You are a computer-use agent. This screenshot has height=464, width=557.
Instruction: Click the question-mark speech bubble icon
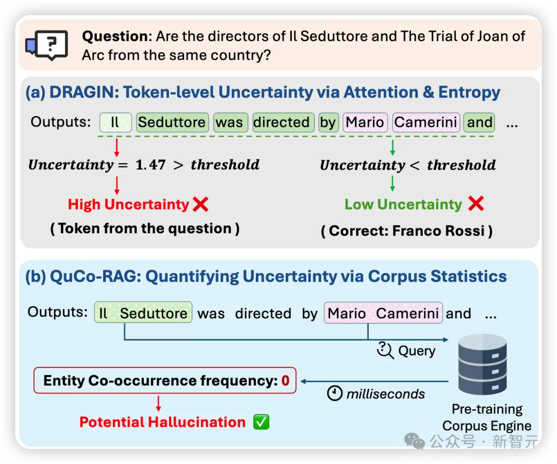coord(47,45)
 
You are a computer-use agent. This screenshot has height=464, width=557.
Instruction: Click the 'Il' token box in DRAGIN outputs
coord(116,123)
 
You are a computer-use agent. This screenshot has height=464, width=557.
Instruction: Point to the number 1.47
coord(151,165)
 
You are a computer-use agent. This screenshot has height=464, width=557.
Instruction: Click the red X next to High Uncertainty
coord(201,204)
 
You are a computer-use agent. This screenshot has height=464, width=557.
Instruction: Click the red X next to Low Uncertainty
coord(476,204)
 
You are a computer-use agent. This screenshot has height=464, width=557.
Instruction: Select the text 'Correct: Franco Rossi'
coord(407,231)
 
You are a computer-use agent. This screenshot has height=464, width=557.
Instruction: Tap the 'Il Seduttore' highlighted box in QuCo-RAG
coord(143,313)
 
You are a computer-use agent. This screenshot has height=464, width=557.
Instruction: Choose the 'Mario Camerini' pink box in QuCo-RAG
coord(383,313)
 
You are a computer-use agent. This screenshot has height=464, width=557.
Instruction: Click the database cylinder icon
coord(482,364)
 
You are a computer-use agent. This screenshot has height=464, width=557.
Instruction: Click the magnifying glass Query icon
coord(385,350)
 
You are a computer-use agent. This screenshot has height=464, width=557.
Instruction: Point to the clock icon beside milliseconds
coord(335,393)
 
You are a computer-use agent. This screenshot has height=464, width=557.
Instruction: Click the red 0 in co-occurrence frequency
coord(286,381)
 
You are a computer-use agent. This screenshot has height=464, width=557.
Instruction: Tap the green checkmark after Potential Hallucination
coord(261,422)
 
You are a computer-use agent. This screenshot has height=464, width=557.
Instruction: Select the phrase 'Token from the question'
coord(145,229)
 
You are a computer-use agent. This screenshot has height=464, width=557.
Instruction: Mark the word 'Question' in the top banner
coord(114,37)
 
